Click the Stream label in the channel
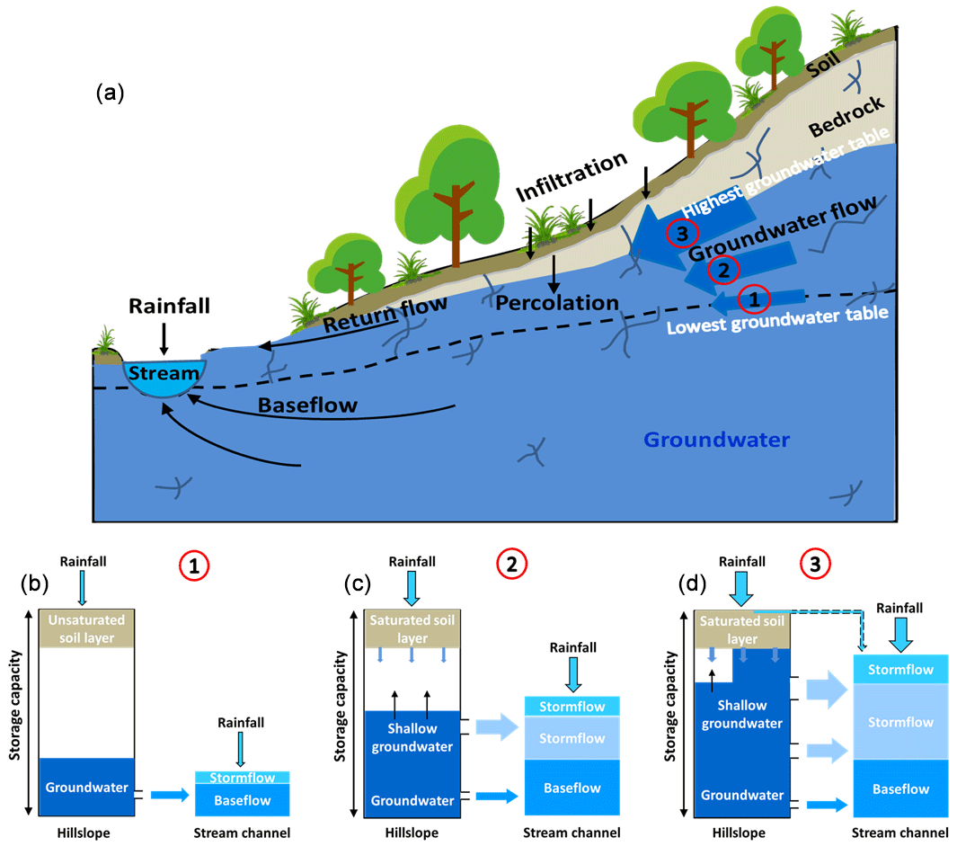(x=164, y=373)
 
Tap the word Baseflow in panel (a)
(x=307, y=405)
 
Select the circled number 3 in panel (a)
(x=681, y=232)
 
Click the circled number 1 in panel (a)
(x=754, y=297)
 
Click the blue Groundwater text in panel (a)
(x=717, y=440)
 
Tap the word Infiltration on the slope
(x=572, y=174)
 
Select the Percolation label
(x=557, y=302)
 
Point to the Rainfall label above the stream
(x=169, y=307)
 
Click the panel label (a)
(x=109, y=93)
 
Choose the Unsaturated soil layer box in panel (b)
(x=86, y=628)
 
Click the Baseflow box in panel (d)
(x=900, y=788)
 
